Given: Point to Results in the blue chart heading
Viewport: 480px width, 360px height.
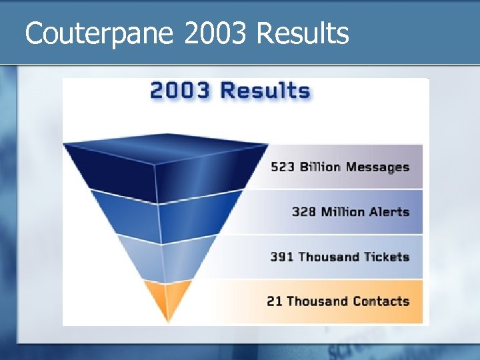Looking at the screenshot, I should click(x=265, y=91).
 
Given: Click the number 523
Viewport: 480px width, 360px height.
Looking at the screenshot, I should click(x=283, y=167).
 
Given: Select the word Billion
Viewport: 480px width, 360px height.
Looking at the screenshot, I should click(x=320, y=167).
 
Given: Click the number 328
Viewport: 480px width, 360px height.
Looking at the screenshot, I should click(x=304, y=212).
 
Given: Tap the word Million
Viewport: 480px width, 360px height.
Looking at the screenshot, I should click(x=343, y=212).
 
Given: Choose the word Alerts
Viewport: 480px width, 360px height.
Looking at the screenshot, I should click(x=389, y=212).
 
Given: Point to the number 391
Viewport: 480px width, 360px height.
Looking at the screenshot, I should click(x=282, y=257).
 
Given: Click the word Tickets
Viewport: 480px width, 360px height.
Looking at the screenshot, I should click(x=386, y=257).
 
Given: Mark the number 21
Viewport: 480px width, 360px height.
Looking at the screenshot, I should click(x=275, y=301).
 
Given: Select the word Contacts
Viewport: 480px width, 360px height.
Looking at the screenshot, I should click(x=381, y=301).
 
